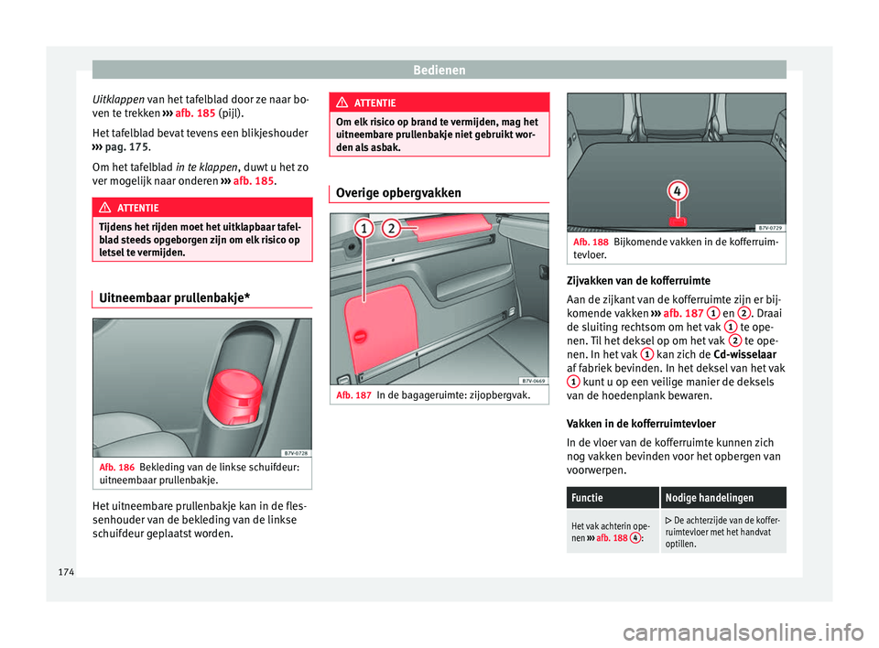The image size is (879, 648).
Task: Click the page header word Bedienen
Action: pyautogui.click(x=439, y=69)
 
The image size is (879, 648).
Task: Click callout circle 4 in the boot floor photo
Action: pyautogui.click(x=677, y=191)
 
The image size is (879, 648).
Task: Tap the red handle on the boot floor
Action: pyautogui.click(x=678, y=221)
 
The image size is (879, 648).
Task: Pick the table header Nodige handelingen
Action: pyautogui.click(x=703, y=497)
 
